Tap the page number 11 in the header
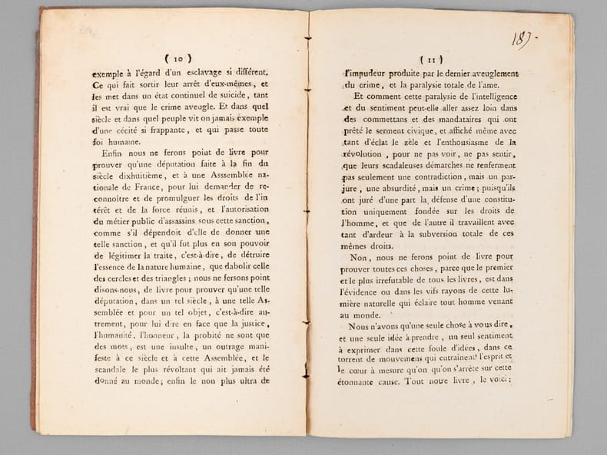428,58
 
